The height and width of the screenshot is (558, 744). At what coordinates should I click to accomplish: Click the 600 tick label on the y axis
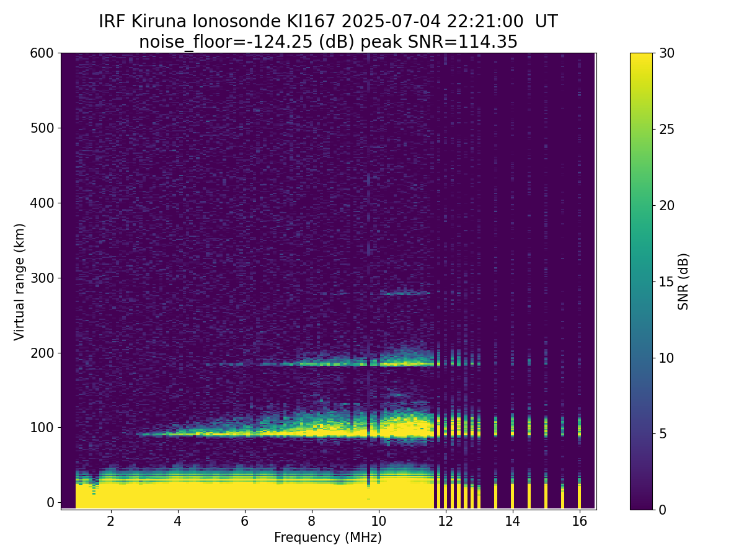(42, 53)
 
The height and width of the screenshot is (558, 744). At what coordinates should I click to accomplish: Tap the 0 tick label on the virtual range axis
(50, 502)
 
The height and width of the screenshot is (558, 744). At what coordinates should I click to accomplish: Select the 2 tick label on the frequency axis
(110, 521)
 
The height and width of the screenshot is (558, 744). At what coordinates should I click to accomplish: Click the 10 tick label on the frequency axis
(379, 521)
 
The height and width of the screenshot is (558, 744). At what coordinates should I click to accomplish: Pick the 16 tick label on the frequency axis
(580, 521)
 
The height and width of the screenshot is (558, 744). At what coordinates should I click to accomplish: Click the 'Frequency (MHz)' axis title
(328, 538)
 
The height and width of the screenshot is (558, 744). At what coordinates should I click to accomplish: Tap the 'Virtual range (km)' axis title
(19, 282)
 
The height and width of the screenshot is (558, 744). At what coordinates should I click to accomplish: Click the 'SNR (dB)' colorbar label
(683, 281)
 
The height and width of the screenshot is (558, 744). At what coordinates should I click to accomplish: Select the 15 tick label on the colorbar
(666, 281)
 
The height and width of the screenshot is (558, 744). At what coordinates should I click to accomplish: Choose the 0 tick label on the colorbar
(663, 510)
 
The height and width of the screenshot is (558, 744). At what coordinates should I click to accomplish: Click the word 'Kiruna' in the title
(159, 22)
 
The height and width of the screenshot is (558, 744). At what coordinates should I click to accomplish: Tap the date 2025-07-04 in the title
(391, 22)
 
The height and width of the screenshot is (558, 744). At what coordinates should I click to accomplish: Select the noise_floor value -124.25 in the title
(283, 42)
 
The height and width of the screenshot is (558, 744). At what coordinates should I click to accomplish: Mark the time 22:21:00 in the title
(485, 22)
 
